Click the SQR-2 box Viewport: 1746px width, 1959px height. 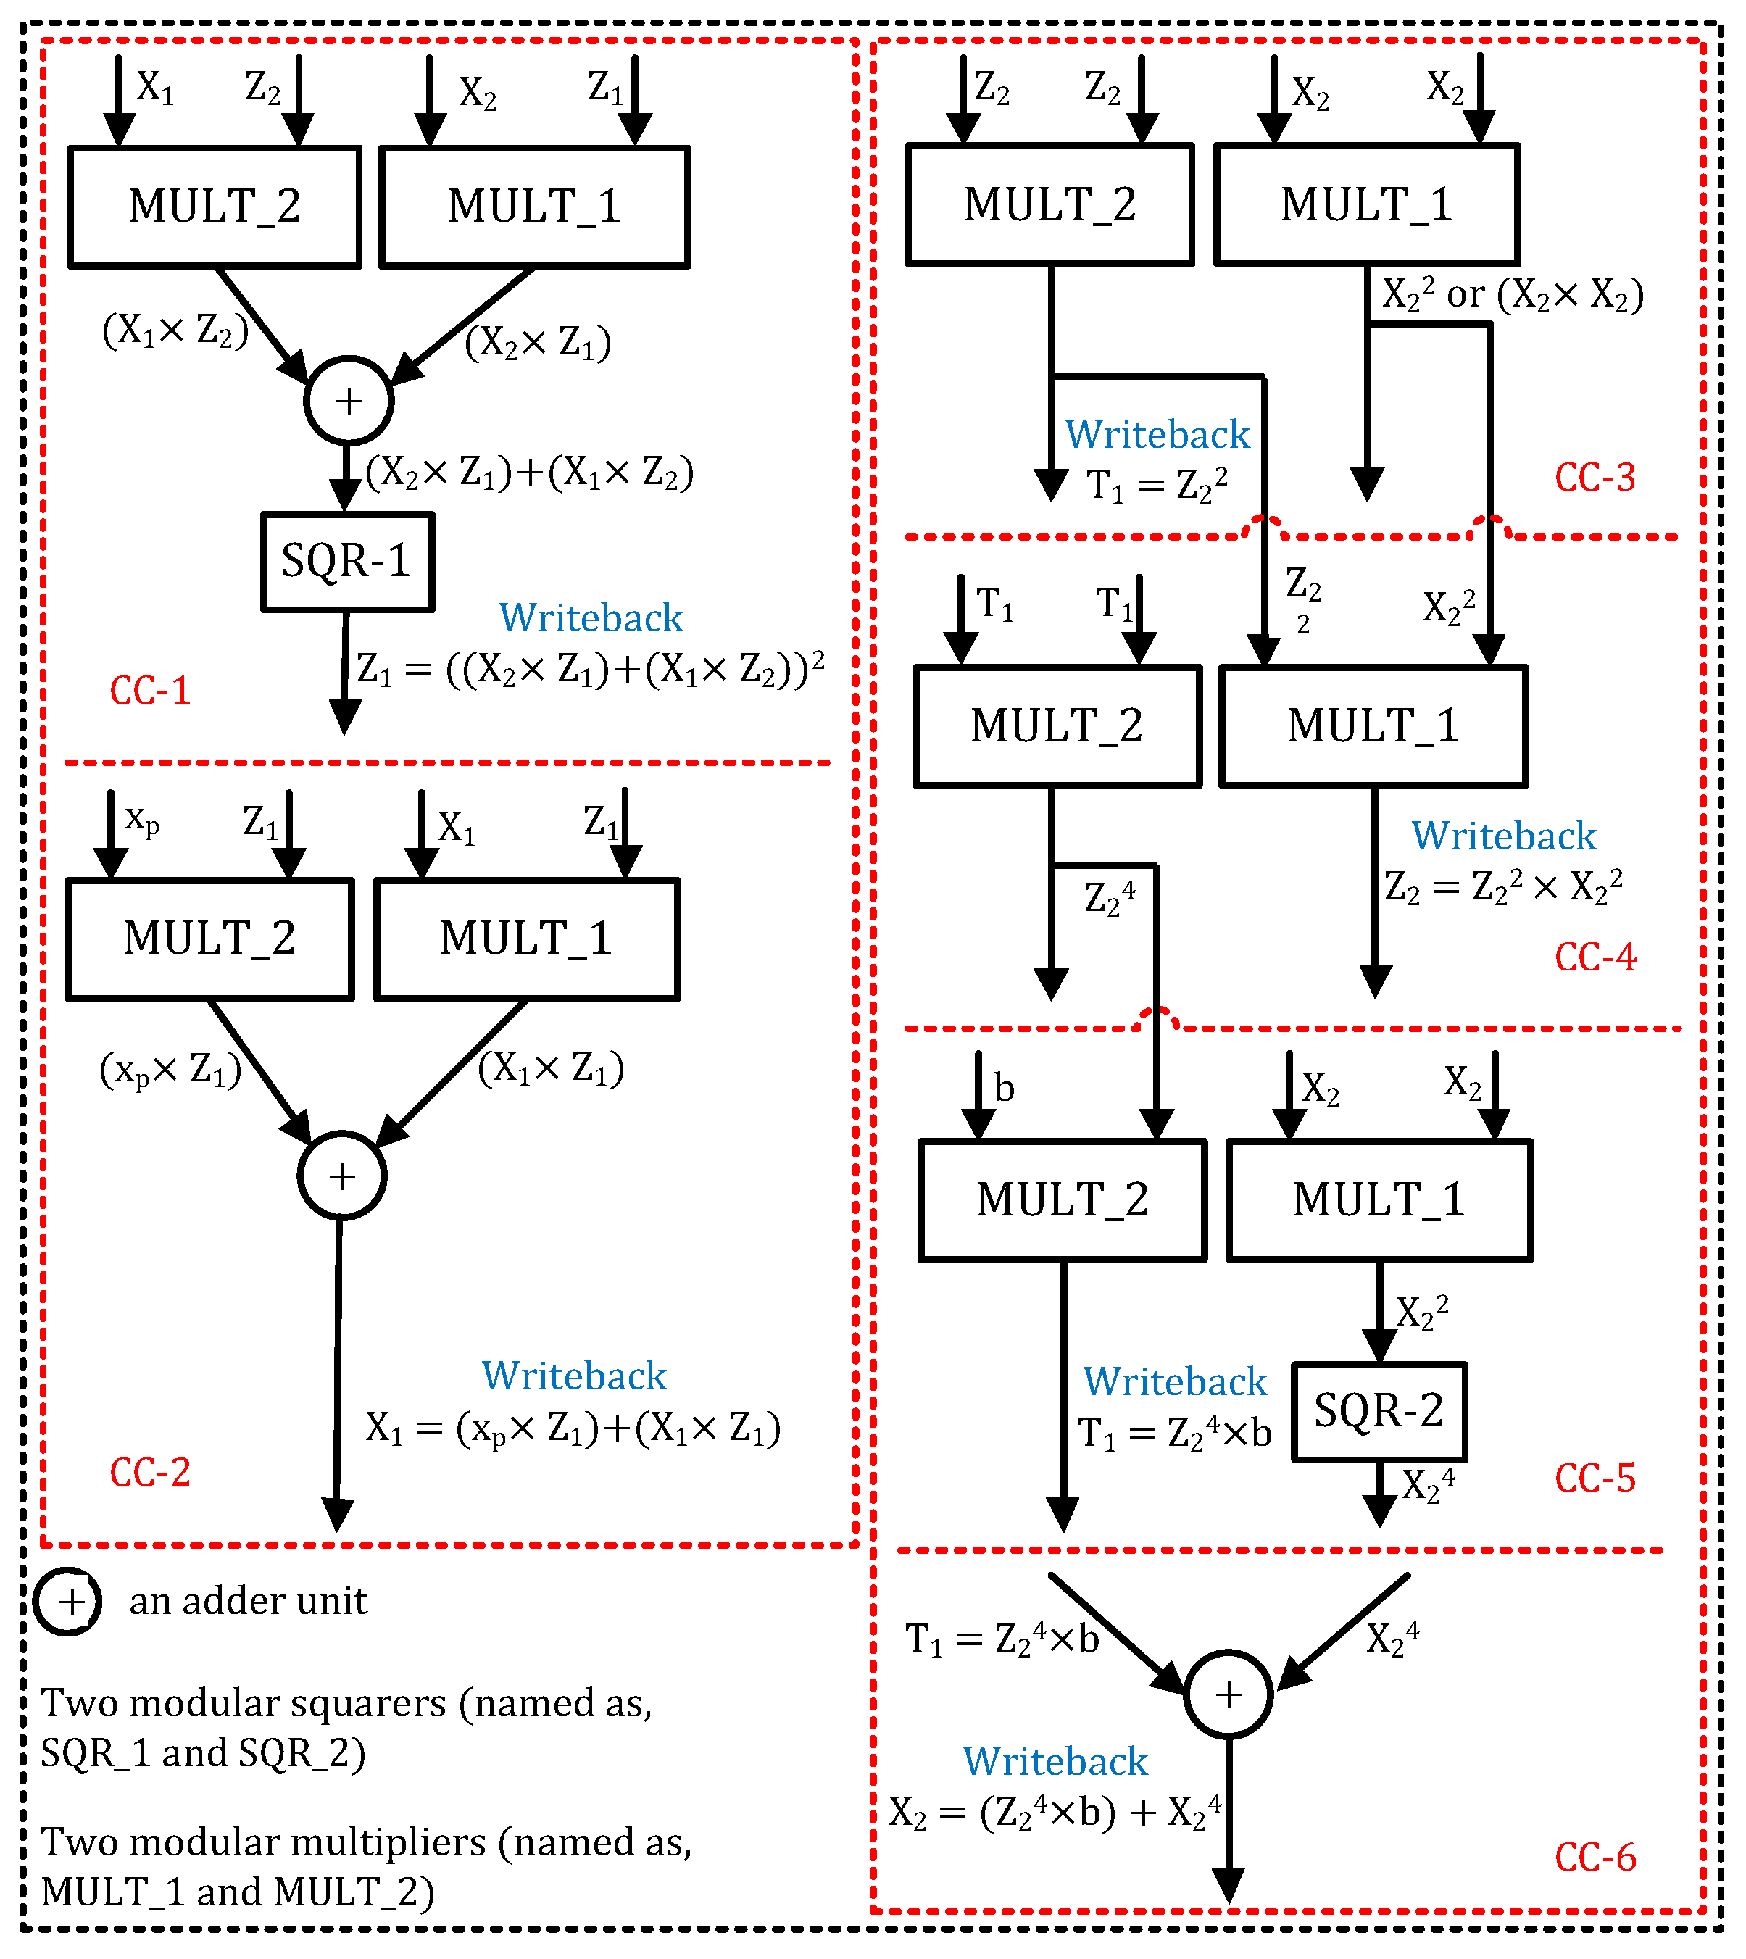(x=1379, y=1411)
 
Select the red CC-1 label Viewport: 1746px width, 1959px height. (x=151, y=691)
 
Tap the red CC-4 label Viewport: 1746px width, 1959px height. (x=1595, y=957)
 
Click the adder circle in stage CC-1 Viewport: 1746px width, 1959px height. (x=348, y=401)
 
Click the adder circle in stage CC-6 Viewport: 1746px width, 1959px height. (x=1228, y=1695)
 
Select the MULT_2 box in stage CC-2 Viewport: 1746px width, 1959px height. (x=209, y=939)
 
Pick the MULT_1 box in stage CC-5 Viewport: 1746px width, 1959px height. (x=1379, y=1200)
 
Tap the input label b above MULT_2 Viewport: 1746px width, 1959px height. (x=1004, y=1088)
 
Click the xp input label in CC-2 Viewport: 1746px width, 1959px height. (x=142, y=821)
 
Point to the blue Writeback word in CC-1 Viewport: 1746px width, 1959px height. (x=591, y=617)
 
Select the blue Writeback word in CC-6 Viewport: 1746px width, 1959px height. (x=1055, y=1761)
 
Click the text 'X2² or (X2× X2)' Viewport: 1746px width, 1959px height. (x=1512, y=294)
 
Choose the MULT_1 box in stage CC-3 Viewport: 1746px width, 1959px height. (x=1366, y=205)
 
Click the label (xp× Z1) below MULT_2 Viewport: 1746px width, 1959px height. (x=170, y=1070)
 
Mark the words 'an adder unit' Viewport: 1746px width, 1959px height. (x=249, y=1601)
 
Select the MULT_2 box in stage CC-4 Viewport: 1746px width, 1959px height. (x=1057, y=726)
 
